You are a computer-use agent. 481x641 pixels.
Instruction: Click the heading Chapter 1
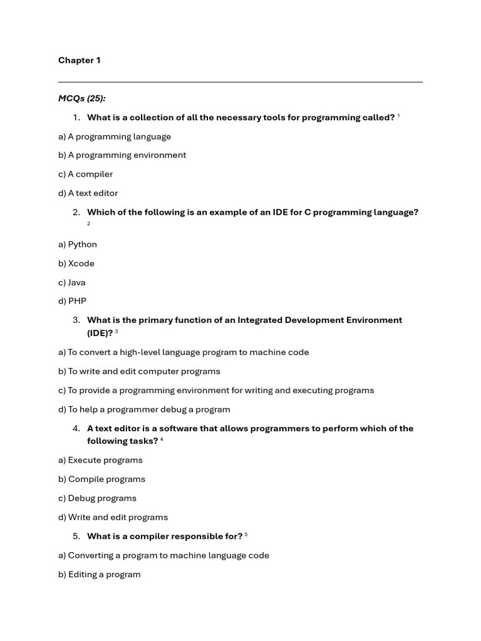[x=80, y=61]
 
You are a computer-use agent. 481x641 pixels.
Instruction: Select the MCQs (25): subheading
[x=82, y=98]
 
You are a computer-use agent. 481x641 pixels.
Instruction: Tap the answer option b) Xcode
[x=76, y=264]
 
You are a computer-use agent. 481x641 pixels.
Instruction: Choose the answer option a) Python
[x=78, y=244]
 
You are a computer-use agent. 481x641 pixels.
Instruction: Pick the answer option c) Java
[x=72, y=282]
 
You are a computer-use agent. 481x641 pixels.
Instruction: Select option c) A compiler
[x=86, y=174]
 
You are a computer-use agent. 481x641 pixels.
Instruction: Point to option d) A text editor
[x=88, y=193]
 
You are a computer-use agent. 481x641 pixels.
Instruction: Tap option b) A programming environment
[x=122, y=155]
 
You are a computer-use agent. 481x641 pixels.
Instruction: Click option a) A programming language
[x=115, y=136]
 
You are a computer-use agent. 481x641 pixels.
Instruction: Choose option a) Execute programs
[x=100, y=460]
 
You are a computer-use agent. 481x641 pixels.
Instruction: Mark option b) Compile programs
[x=101, y=479]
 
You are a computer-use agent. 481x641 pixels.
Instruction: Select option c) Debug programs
[x=97, y=498]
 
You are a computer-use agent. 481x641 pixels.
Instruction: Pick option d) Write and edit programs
[x=113, y=517]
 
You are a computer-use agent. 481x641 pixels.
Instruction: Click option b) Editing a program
[x=100, y=574]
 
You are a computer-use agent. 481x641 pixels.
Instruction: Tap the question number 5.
[x=76, y=536]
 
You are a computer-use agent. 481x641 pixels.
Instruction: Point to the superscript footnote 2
[x=89, y=223]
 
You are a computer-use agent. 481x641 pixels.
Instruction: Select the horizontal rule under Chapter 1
[x=240, y=82]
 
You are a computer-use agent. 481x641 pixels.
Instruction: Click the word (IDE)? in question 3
[x=100, y=333]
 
